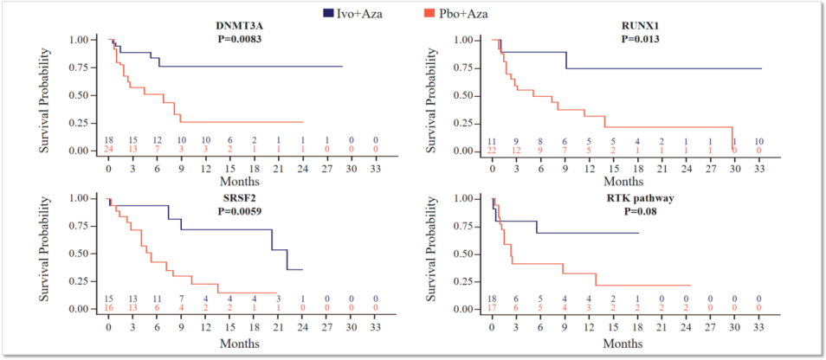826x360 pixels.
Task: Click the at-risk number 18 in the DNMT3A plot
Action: coord(109,140)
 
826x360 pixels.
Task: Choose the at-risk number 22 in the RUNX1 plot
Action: coord(493,151)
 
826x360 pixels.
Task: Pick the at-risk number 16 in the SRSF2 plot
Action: coord(109,309)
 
